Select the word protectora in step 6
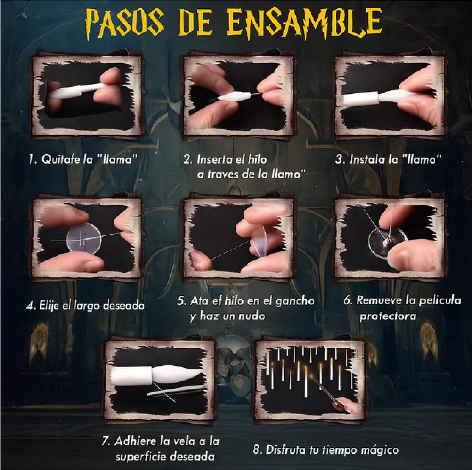pyautogui.click(x=388, y=316)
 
